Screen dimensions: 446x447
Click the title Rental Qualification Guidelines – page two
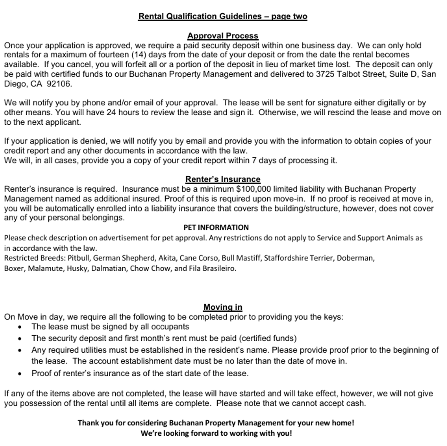pyautogui.click(x=223, y=17)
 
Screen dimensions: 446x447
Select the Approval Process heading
pyautogui.click(x=223, y=36)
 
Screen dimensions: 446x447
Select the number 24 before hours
pyautogui.click(x=112, y=112)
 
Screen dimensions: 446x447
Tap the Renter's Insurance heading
pyautogui.click(x=223, y=179)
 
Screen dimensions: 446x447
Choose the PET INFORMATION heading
pyautogui.click(x=216, y=228)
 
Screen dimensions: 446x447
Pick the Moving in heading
pyautogui.click(x=223, y=307)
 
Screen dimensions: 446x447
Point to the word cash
pyautogui.click(x=356, y=403)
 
